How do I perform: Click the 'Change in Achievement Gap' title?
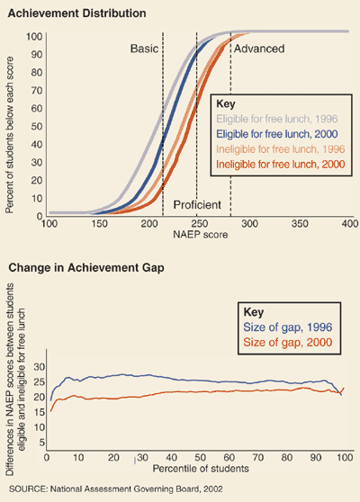click(x=74, y=268)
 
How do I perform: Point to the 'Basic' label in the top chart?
click(x=144, y=48)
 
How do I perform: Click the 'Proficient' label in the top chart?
click(x=197, y=205)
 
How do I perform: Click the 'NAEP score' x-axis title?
click(x=200, y=234)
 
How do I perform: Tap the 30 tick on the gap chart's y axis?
click(x=37, y=367)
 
